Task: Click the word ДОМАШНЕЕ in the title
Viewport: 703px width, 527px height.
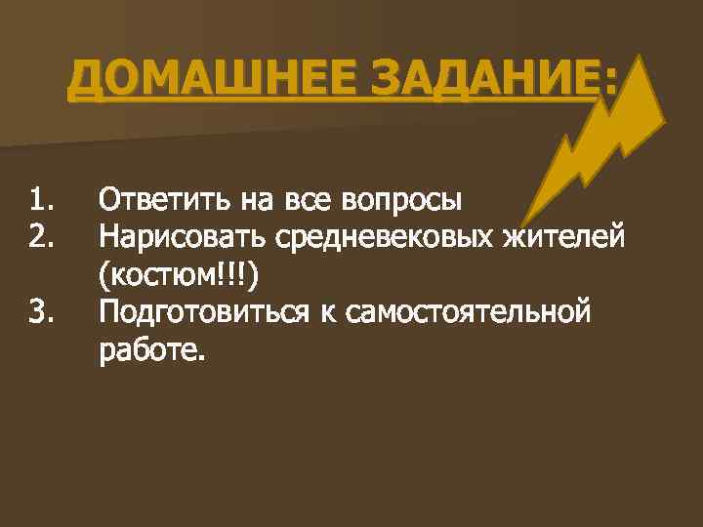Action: (194, 79)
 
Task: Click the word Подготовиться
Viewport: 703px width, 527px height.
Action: (200, 314)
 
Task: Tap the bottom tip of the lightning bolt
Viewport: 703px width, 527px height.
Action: (523, 223)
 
